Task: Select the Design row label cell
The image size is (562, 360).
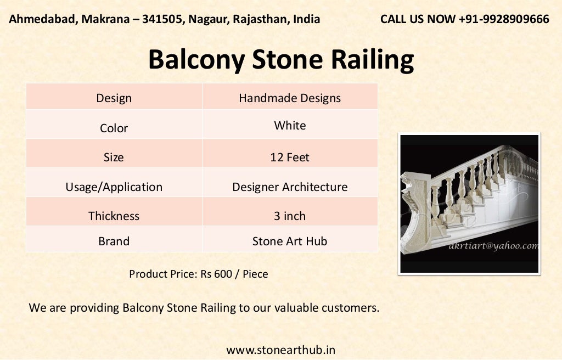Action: (x=114, y=98)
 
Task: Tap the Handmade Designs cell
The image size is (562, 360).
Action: (x=290, y=98)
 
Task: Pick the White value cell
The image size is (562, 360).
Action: (x=290, y=126)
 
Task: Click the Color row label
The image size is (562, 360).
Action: (x=114, y=128)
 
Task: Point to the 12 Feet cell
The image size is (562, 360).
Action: (x=290, y=157)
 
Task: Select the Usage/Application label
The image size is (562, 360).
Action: (x=114, y=187)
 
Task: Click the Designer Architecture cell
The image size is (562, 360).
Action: (x=290, y=187)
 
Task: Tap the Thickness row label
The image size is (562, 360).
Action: (x=114, y=216)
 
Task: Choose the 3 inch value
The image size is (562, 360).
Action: (x=290, y=216)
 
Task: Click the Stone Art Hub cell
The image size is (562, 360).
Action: (x=290, y=241)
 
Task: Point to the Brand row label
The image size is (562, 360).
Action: (x=114, y=241)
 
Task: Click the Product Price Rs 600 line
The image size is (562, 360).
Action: (x=199, y=274)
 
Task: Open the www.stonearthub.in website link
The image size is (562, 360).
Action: (x=280, y=350)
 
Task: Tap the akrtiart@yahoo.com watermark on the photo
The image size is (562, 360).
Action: (x=493, y=246)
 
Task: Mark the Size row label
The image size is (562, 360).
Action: (x=114, y=157)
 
